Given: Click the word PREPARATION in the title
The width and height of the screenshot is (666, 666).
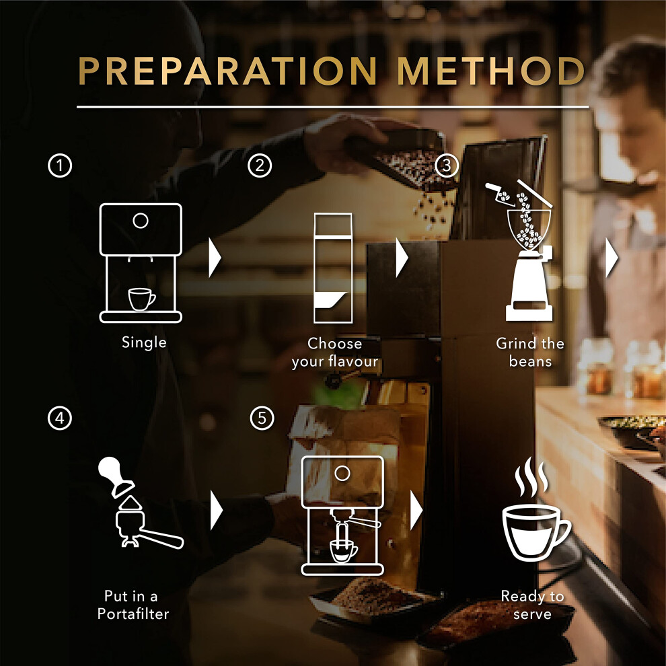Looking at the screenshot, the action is pos(227,71).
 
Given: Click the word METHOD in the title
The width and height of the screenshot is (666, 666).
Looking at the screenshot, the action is pos(492,71).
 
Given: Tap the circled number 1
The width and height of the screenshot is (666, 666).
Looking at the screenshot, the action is pos(60,165).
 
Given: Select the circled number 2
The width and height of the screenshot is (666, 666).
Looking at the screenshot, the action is pos(260,165).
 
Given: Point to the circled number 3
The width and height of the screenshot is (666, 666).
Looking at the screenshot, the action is pos(447,165).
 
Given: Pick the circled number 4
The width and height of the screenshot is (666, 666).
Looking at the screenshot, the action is pos(60,418).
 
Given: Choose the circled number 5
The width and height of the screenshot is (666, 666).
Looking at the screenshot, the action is pos(262,418).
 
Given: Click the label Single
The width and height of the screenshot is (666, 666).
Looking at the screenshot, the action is pos(144,342).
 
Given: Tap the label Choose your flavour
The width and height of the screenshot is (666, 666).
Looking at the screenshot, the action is pos(335,353).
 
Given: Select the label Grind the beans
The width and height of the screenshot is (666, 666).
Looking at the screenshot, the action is pos(530,353).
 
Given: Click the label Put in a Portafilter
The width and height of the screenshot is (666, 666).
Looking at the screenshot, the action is pos(133,605).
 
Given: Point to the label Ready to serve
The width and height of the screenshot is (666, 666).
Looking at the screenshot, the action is pos(532,605).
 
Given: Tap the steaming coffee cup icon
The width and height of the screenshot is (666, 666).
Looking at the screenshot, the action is pos(536,510).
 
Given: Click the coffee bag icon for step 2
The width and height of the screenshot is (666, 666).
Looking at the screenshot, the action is pos(333,268).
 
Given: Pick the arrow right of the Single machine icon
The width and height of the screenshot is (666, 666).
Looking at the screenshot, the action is pos(215,258).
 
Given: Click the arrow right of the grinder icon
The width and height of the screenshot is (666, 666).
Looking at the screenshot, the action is pos(612,258).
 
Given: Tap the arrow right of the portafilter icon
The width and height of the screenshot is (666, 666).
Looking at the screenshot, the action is pos(217,510).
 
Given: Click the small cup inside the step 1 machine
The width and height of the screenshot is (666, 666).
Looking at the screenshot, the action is pos(141,299).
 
